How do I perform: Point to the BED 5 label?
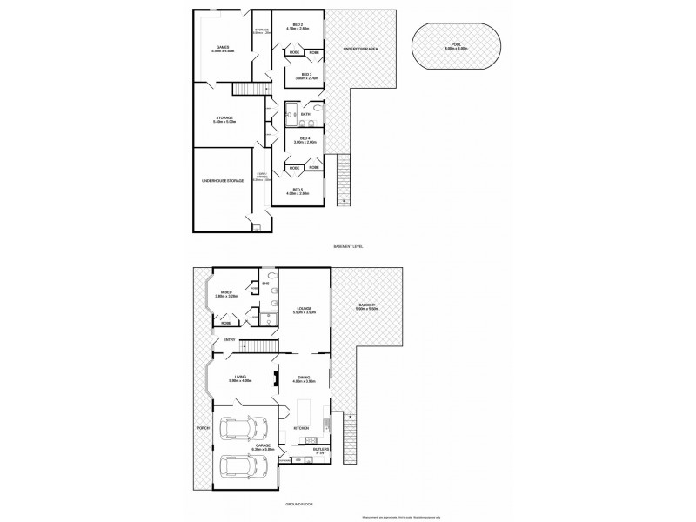click(298, 189)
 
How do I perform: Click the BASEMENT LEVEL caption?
click(348, 246)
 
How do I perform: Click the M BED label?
click(226, 291)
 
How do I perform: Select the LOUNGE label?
click(304, 308)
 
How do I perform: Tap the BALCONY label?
click(366, 304)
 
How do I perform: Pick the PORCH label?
click(204, 428)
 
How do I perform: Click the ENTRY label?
click(230, 339)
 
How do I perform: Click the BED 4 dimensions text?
click(305, 142)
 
